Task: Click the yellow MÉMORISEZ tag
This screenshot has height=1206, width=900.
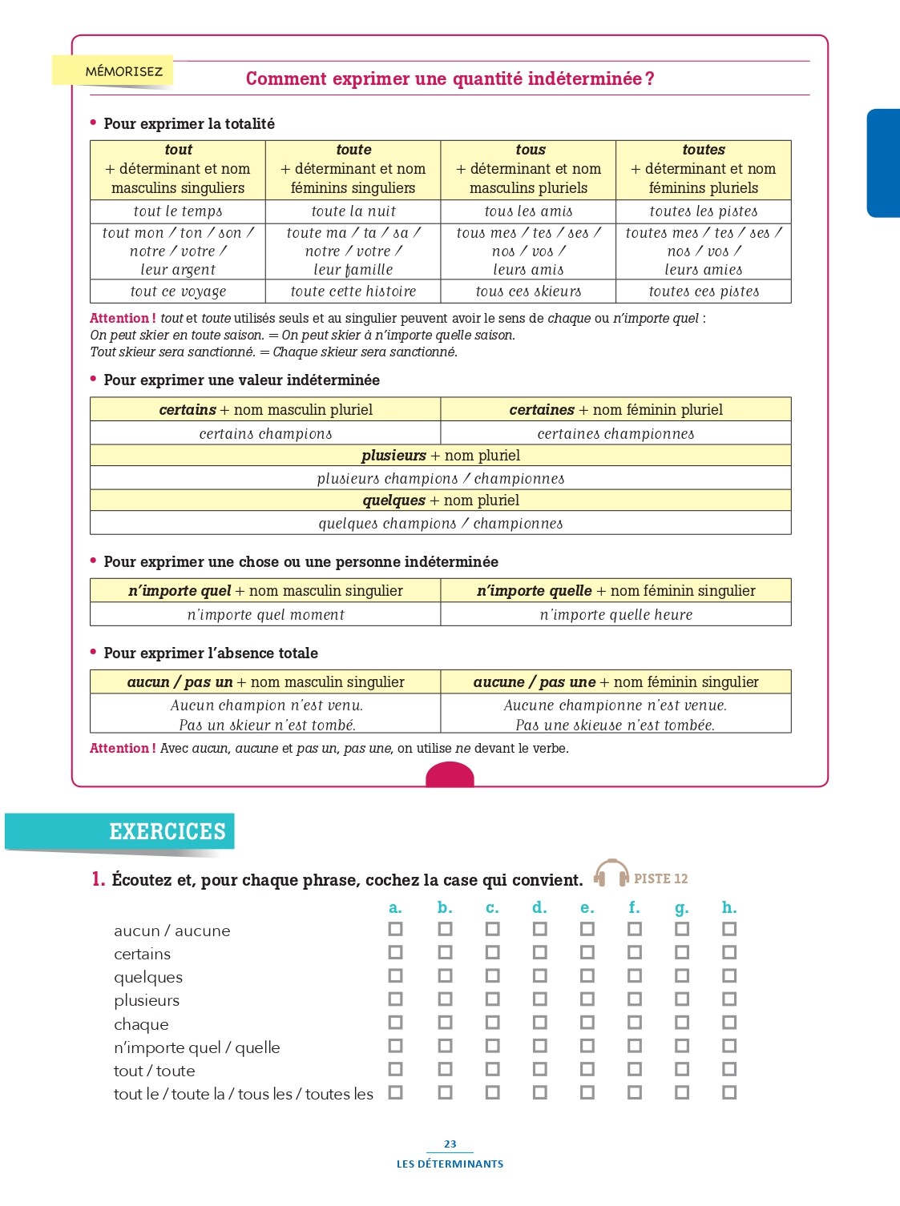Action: tap(113, 71)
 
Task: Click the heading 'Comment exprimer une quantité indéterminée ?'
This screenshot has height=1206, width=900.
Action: tap(450, 78)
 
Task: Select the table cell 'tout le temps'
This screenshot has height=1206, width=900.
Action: tap(178, 211)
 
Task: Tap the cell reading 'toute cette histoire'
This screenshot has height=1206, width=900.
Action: tap(353, 291)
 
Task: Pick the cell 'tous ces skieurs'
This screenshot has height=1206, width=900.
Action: tap(528, 291)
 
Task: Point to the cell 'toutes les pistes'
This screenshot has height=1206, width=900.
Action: tap(703, 211)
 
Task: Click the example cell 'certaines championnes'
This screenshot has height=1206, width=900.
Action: tap(615, 433)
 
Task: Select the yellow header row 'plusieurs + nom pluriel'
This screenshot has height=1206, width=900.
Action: tap(440, 456)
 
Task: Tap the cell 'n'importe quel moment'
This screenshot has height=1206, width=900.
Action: tap(265, 614)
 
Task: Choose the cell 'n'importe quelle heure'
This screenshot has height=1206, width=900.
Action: tap(615, 614)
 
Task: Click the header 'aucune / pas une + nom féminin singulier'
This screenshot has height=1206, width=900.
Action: tap(615, 682)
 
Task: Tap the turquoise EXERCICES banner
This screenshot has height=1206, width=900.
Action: tap(120, 831)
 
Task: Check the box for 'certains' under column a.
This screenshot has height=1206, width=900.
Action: tap(395, 952)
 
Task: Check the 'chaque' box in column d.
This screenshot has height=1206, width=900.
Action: tap(539, 1023)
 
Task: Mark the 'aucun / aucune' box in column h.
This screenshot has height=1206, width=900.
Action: tap(728, 929)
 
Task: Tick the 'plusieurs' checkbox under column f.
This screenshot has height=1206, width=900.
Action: tap(634, 999)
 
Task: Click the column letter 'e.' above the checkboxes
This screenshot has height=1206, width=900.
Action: tap(587, 907)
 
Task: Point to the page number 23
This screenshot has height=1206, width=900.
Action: tap(450, 1144)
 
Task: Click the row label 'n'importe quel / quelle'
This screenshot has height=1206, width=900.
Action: tap(197, 1047)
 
